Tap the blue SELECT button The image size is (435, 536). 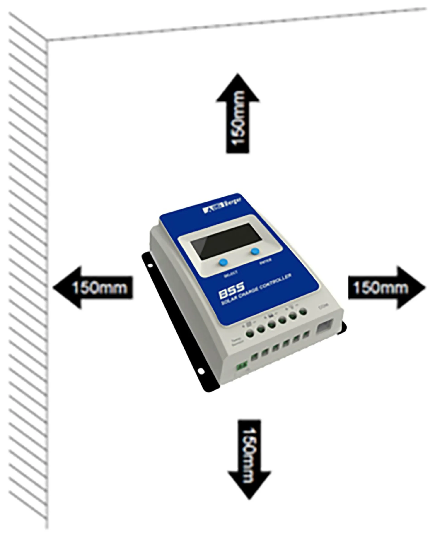click(x=223, y=262)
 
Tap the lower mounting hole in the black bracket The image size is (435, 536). click(x=201, y=371)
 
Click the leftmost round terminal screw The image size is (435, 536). click(x=250, y=333)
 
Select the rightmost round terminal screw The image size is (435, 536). click(x=303, y=311)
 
